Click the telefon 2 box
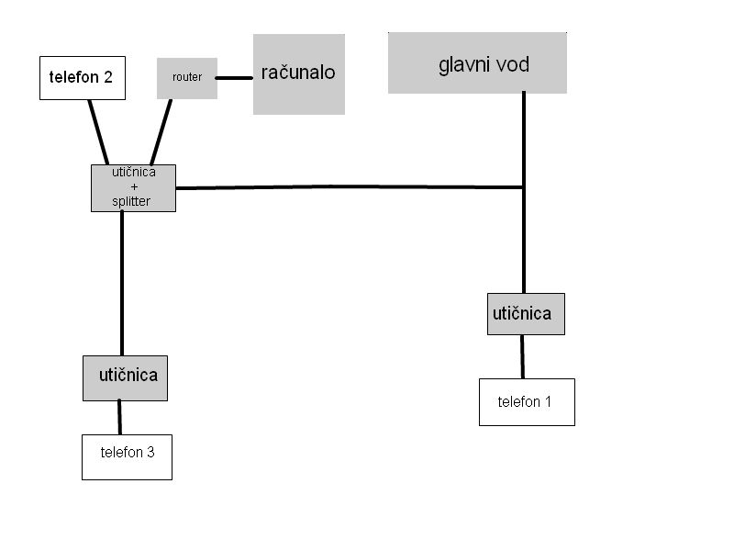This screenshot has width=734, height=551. [83, 78]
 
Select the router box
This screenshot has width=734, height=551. [187, 78]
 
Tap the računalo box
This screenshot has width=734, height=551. [299, 74]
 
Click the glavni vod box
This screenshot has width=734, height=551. [477, 63]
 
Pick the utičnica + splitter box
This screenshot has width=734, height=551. [133, 187]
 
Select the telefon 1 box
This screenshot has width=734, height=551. [527, 402]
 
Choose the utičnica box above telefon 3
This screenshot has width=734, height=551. [126, 377]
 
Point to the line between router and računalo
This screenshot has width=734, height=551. [235, 78]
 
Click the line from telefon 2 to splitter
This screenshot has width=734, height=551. [98, 131]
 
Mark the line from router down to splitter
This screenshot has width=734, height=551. [161, 131]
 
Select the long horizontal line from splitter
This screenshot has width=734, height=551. [349, 187]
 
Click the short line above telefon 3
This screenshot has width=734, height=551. [119, 417]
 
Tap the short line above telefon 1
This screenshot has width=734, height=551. [523, 356]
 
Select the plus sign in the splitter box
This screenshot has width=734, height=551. [134, 187]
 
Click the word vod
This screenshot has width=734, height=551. [510, 65]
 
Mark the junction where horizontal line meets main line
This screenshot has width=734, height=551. [524, 187]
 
